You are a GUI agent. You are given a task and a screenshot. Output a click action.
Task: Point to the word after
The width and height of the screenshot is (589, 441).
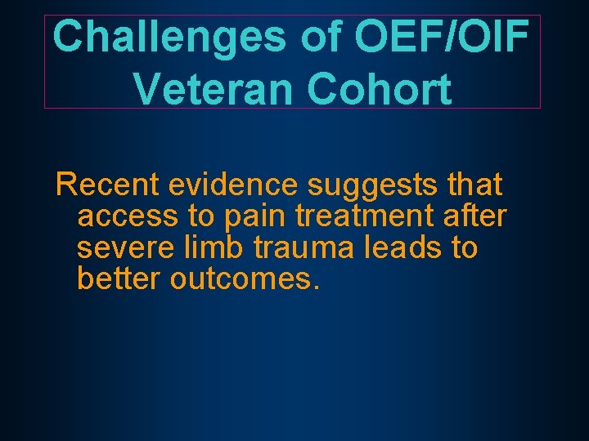[x=479, y=216]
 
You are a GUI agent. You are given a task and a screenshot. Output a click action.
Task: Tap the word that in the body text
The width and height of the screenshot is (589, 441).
[x=474, y=185]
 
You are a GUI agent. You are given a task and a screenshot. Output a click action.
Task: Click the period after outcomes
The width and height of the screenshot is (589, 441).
[x=311, y=287]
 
